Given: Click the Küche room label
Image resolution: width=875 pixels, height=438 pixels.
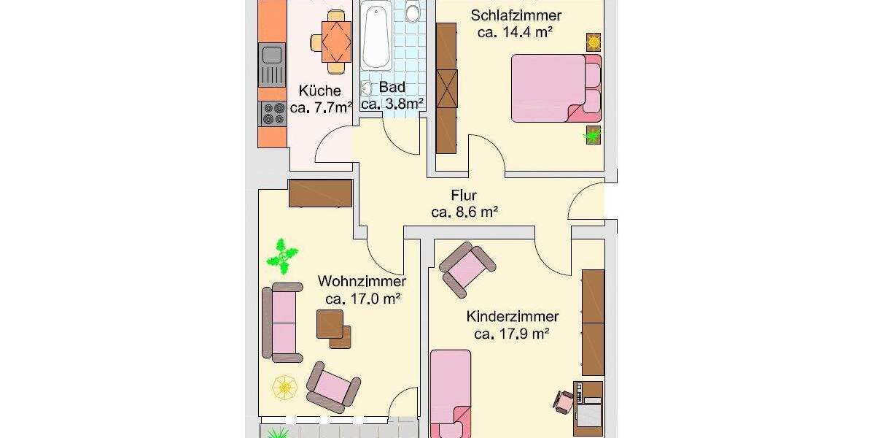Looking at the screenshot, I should pos(319,91).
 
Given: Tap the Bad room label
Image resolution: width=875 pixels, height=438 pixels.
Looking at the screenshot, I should pos(392,88).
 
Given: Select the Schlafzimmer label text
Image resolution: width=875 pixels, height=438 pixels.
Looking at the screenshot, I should pos(516,15).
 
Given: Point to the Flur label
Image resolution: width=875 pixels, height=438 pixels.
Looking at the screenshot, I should pos(464,196).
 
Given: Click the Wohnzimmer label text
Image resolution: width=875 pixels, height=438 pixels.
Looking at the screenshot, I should pos(362,281).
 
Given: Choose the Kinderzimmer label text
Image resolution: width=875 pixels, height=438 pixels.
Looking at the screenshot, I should pos(513,316).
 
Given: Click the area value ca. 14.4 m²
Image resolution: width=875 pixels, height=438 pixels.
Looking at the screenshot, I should pos(514,32).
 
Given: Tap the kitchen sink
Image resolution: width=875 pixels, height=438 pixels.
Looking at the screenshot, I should pos(272,54).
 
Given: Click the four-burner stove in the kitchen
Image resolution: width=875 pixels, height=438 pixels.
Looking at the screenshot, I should pos(273,113).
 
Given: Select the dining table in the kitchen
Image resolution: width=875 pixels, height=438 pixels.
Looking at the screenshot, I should pos(335,42).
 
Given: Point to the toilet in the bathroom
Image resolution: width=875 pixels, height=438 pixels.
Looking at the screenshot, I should pos(413,12).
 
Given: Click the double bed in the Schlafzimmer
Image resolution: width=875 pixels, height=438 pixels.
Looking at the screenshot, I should pos(556,88).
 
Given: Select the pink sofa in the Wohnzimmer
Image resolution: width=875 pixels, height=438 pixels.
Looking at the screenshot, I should pos(283,322).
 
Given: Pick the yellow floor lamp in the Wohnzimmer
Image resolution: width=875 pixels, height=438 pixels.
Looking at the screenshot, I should pos(284,387).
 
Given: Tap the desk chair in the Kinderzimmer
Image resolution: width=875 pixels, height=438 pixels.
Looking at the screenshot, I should pos(563,401).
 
